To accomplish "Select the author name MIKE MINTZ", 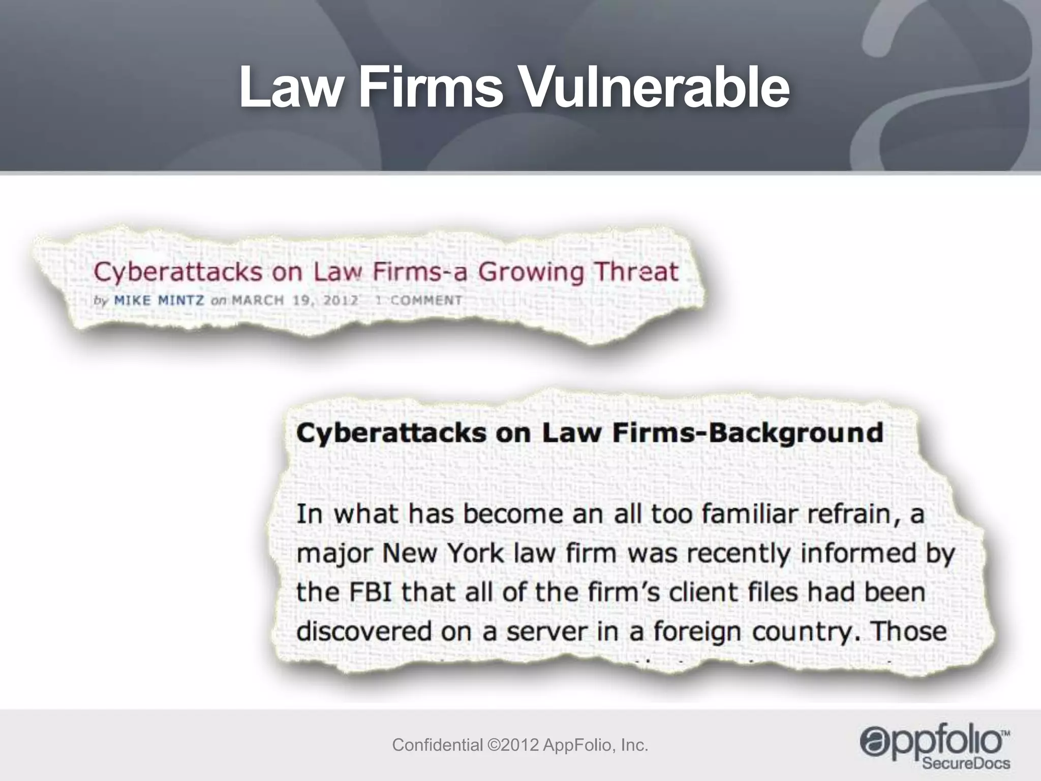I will (159, 301).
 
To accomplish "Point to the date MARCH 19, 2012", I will (295, 301).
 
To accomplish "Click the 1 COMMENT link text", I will (418, 301).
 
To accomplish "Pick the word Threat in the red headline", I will (636, 272).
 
